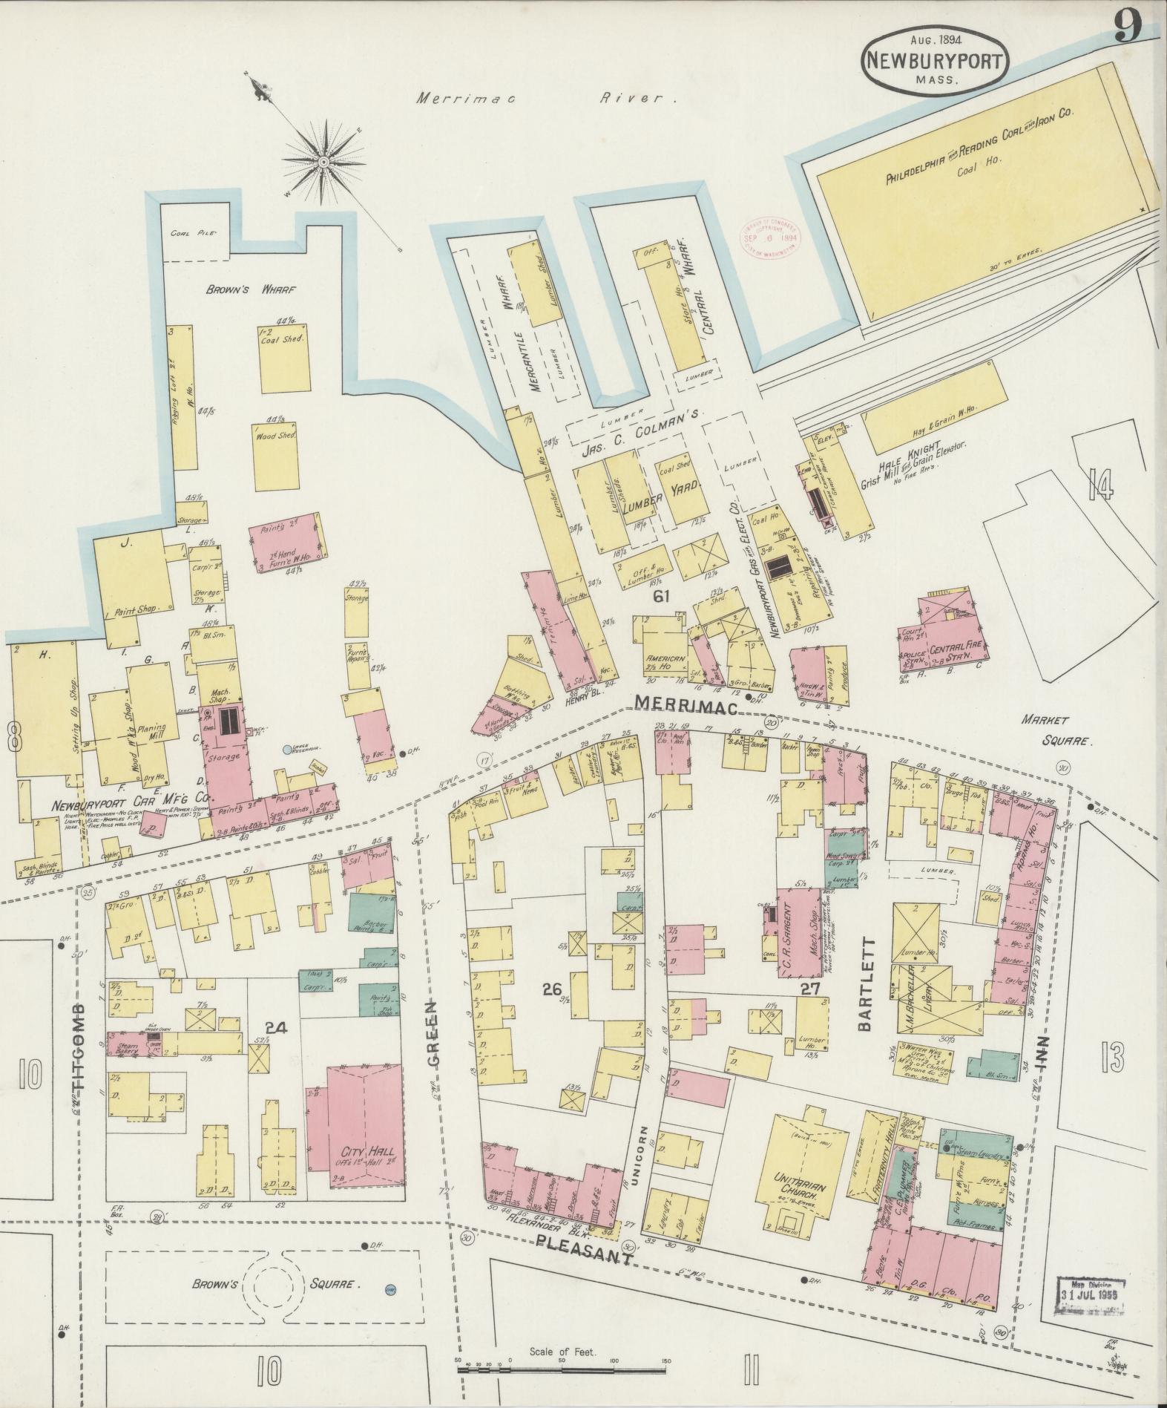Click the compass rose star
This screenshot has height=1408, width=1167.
coord(324,161)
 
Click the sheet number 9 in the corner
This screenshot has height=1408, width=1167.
coord(1128,29)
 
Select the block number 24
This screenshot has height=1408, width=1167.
coord(276,1029)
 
